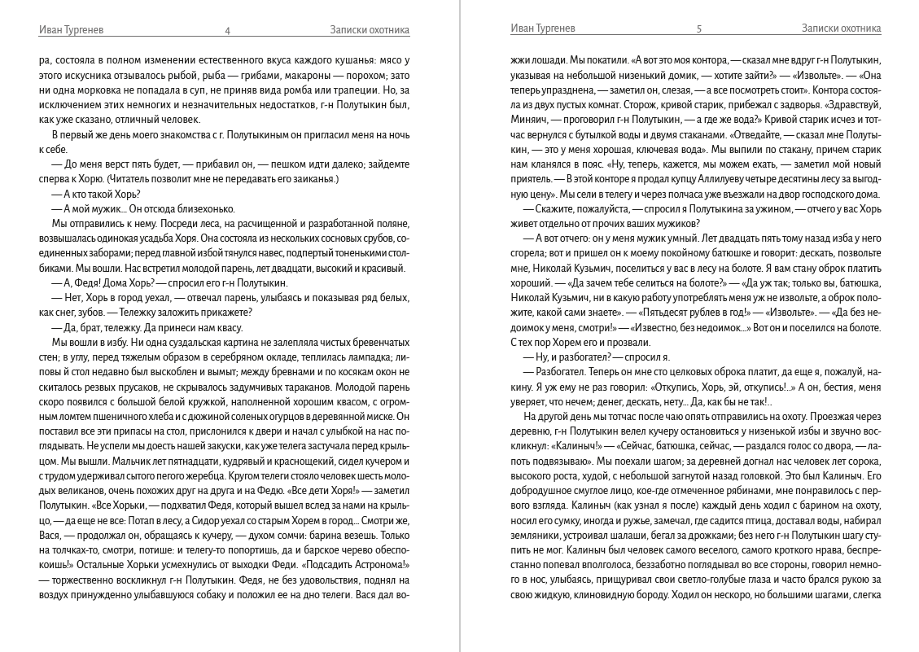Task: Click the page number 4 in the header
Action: coord(227,30)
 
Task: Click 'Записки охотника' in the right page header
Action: coord(841,28)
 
